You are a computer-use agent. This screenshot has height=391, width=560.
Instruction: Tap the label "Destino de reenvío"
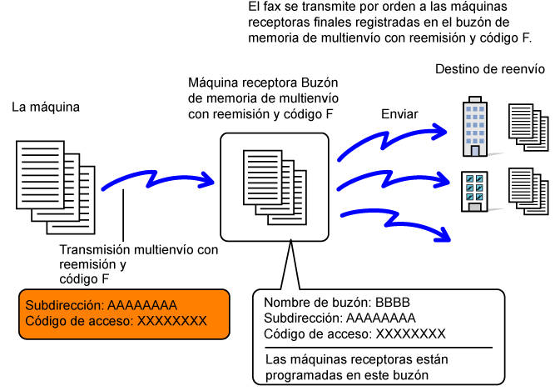point(490,68)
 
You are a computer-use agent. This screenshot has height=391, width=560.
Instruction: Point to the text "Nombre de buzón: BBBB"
point(337,303)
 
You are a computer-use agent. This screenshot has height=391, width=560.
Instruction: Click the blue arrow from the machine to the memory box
point(158,182)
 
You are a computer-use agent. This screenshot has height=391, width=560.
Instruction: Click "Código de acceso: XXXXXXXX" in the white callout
point(354,334)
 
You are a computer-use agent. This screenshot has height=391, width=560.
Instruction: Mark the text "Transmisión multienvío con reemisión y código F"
point(139,263)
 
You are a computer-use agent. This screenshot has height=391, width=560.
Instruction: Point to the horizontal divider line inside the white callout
point(379,348)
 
